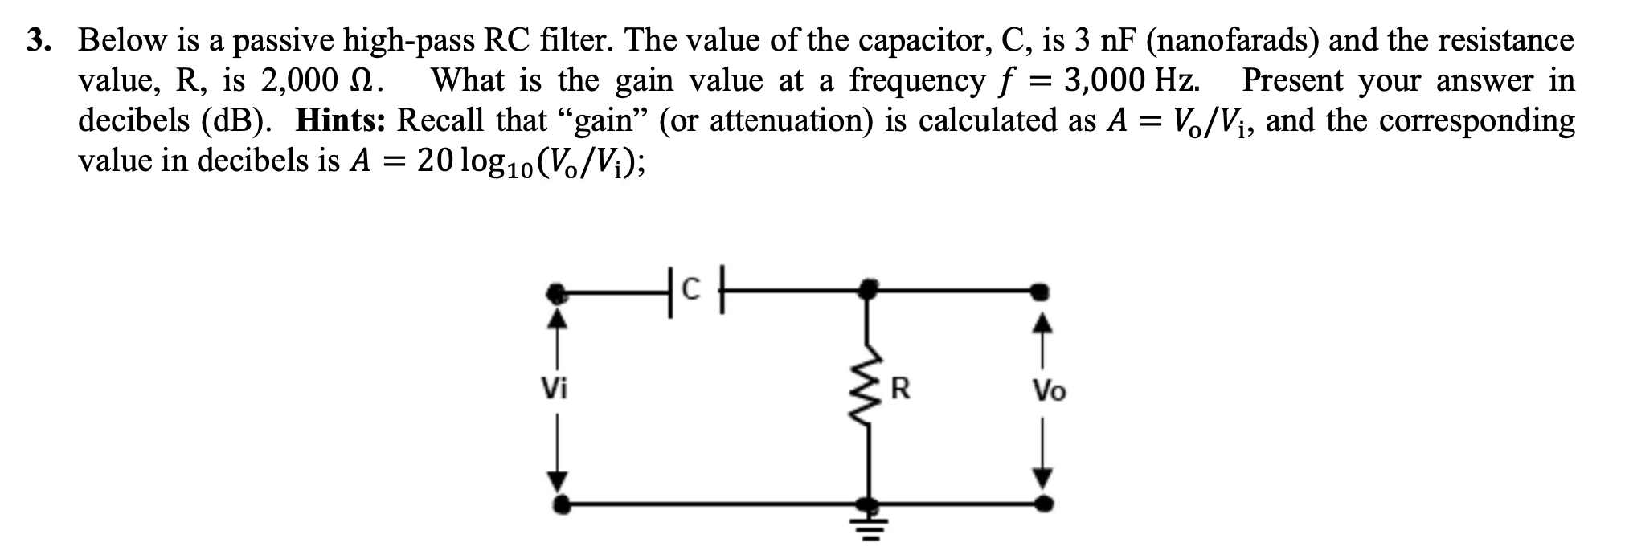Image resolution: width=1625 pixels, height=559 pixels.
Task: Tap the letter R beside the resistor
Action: tap(900, 390)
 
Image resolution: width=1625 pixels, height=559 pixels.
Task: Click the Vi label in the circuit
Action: tap(554, 389)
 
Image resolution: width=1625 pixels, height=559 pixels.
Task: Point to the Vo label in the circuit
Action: tap(1049, 391)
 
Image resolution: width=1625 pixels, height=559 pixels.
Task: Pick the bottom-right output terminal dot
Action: tap(1044, 505)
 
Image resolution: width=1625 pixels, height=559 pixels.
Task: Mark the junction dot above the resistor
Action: tap(866, 288)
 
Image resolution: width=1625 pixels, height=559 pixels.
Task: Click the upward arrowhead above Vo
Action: tap(1042, 324)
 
